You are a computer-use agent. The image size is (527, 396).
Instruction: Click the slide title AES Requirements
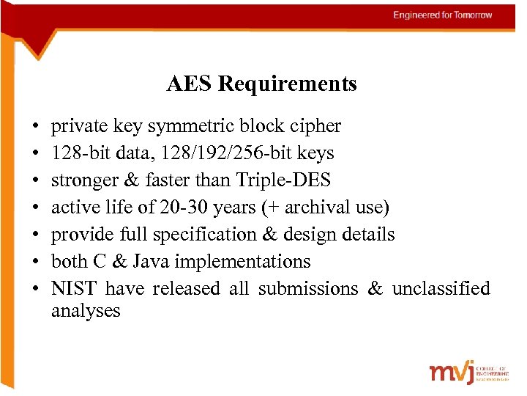(261, 84)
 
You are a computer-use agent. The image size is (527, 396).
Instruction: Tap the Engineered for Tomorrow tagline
(442, 15)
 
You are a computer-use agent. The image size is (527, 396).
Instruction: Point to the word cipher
(316, 126)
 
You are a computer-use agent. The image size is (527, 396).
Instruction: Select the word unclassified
(441, 289)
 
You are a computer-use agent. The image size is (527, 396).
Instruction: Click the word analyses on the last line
(86, 311)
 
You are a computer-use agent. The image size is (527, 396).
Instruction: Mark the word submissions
(308, 289)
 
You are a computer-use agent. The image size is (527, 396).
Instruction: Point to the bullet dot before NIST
(35, 289)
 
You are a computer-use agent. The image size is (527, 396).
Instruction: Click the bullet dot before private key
(35, 126)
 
